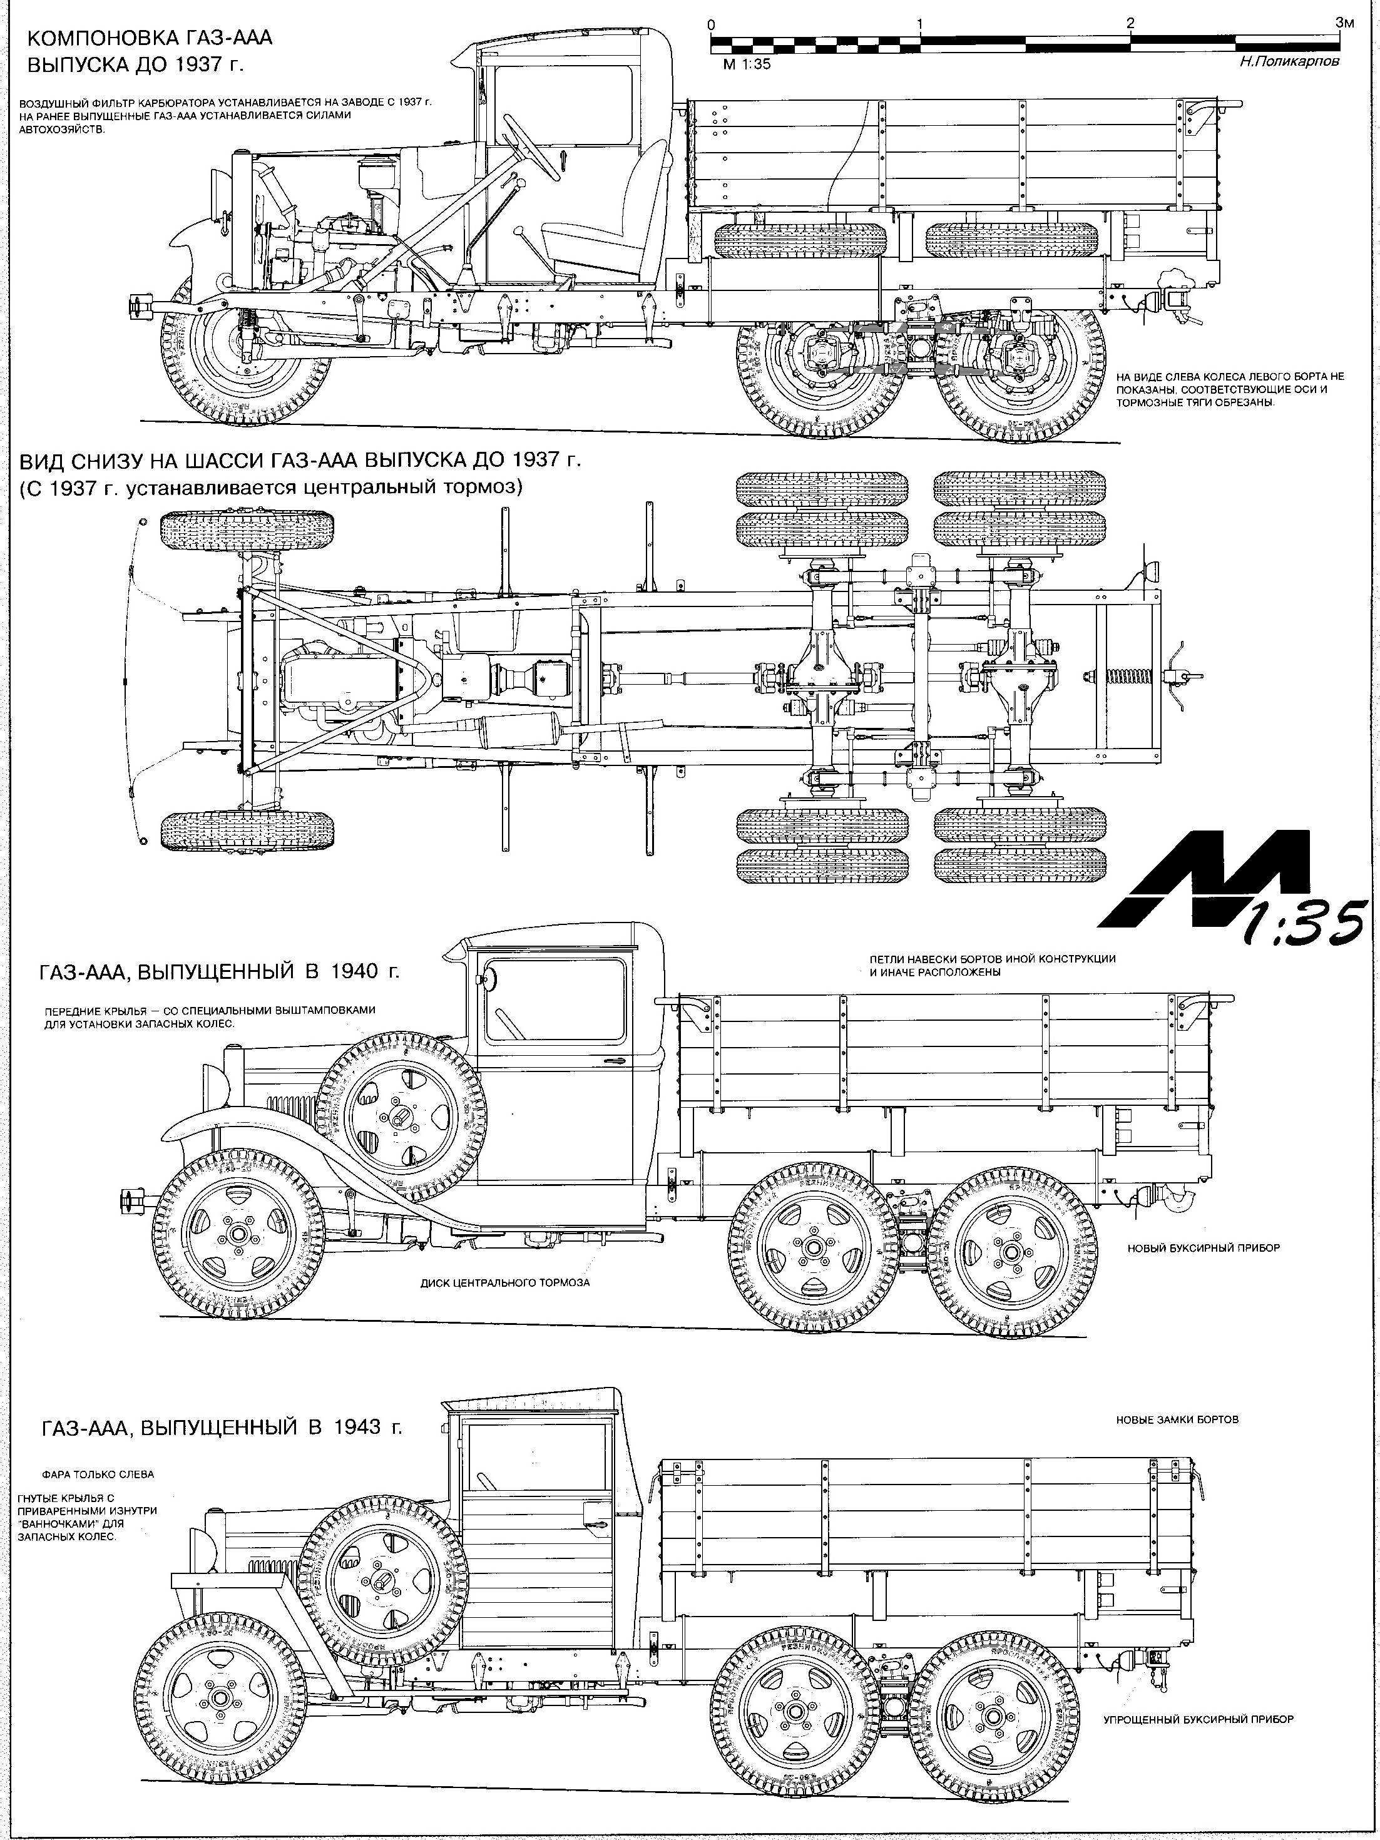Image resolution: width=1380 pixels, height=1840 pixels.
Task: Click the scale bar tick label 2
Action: click(x=1129, y=23)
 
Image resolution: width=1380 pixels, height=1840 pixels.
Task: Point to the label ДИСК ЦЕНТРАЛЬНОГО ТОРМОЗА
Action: click(x=505, y=1282)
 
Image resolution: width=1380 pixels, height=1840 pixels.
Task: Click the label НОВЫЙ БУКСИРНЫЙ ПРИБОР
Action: click(x=1203, y=1249)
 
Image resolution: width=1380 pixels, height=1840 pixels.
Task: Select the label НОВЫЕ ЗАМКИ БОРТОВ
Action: click(x=1177, y=1420)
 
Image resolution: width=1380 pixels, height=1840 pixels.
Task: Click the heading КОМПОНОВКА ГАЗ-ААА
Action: click(x=150, y=39)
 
